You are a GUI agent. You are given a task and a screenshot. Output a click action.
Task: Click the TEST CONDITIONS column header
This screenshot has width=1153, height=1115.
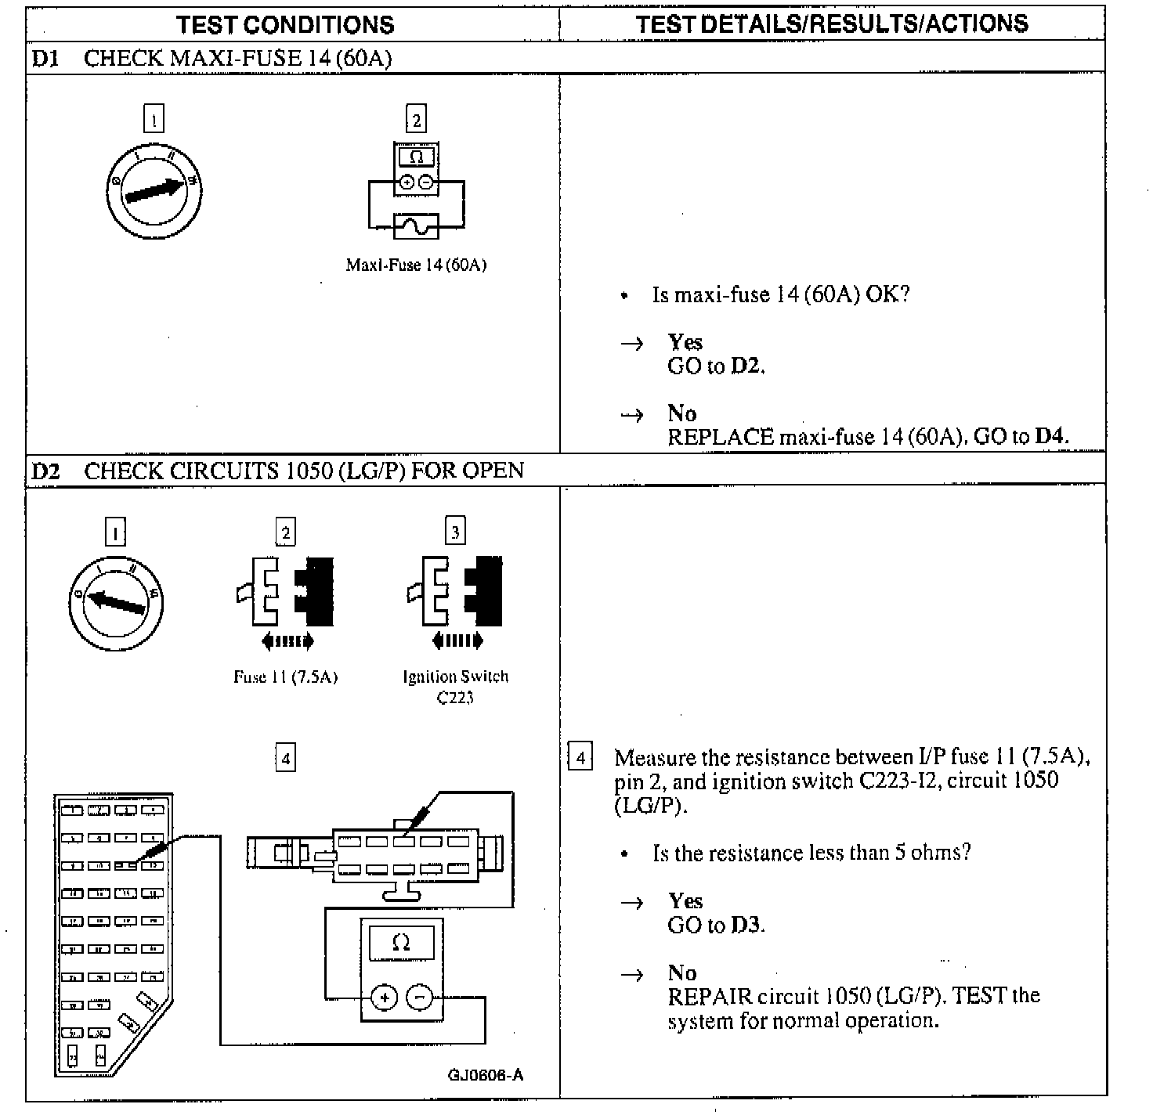(285, 24)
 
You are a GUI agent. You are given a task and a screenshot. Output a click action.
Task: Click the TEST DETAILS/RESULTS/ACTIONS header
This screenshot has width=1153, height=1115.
(832, 23)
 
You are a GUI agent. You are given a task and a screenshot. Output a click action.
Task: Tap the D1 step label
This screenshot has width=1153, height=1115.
(45, 59)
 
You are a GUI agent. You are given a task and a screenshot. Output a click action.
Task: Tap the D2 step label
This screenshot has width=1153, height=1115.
(45, 471)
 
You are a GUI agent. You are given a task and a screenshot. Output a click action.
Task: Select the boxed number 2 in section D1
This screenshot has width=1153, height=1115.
(416, 120)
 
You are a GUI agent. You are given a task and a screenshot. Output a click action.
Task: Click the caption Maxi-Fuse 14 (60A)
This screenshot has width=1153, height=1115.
(416, 265)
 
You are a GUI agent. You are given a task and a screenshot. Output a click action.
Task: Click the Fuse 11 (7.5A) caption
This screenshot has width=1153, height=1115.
(285, 677)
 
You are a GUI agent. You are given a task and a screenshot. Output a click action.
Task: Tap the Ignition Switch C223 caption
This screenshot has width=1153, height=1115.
(455, 686)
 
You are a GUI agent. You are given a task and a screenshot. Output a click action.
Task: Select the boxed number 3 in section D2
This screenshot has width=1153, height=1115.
(455, 532)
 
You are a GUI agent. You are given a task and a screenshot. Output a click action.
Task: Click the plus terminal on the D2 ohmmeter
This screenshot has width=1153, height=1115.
(384, 998)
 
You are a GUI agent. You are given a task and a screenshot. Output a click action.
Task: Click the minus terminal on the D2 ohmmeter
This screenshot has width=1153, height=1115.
(420, 998)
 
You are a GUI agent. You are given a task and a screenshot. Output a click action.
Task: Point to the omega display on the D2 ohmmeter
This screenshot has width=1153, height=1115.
(401, 943)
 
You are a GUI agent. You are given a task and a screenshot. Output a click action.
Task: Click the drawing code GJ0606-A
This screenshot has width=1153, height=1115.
(485, 1074)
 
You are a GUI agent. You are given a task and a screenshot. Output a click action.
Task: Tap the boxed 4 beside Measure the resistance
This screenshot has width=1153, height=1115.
(580, 757)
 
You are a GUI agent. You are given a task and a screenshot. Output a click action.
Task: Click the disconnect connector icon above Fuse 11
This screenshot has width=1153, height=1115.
(285, 593)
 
